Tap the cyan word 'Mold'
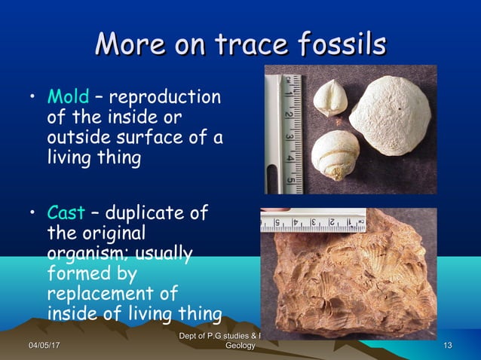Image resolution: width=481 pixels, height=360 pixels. [69, 98]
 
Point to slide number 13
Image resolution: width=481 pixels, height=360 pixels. [448, 345]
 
